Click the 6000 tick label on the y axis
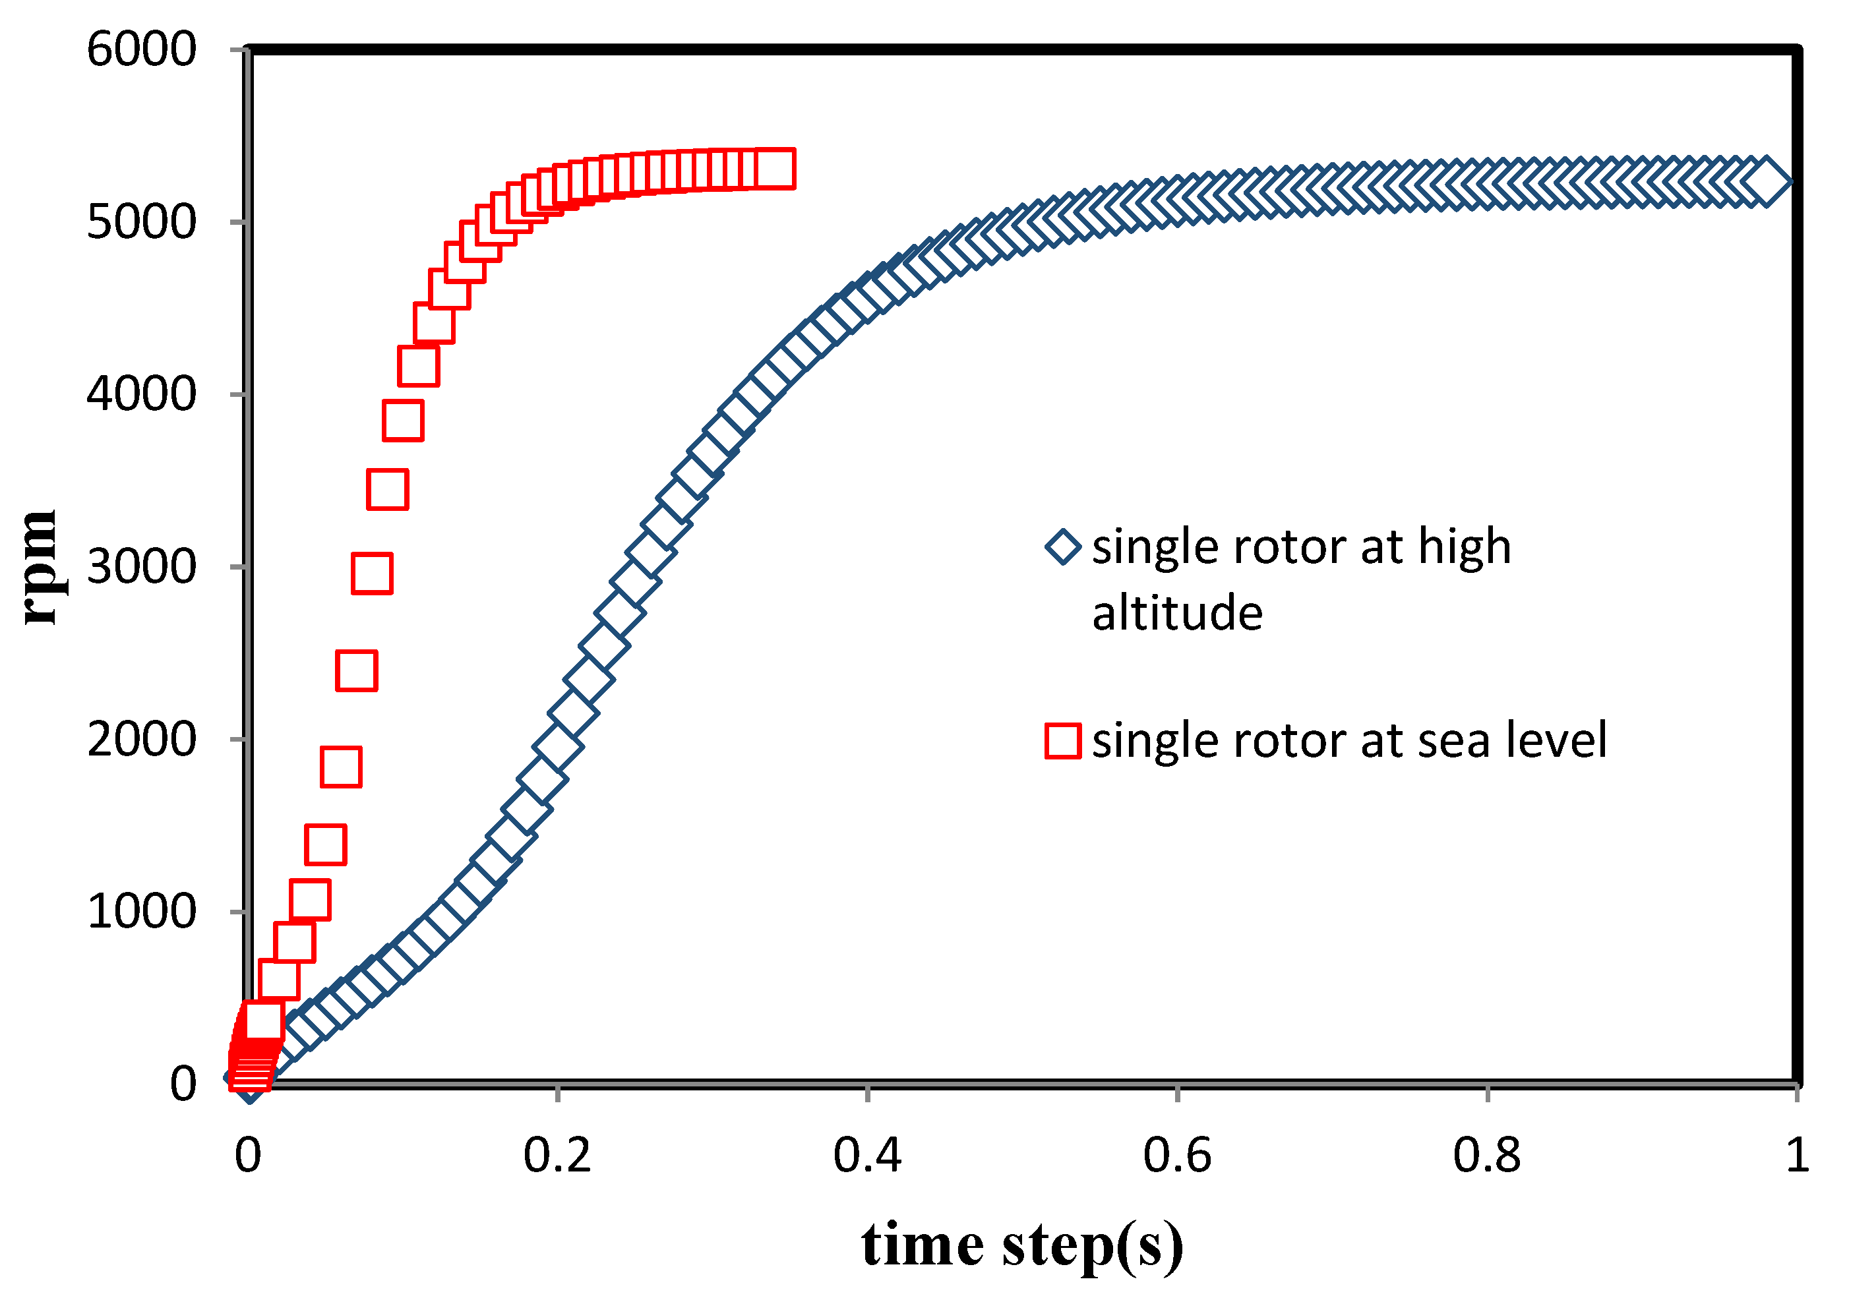tap(141, 50)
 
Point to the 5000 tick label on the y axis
tap(141, 222)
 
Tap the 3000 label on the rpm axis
tap(141, 567)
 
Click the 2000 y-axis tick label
tap(141, 739)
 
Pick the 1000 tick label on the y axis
tap(141, 912)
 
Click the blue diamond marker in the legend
tap(1063, 548)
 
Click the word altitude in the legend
tap(1177, 614)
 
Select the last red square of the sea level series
tap(776, 169)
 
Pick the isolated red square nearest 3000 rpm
tap(372, 574)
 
